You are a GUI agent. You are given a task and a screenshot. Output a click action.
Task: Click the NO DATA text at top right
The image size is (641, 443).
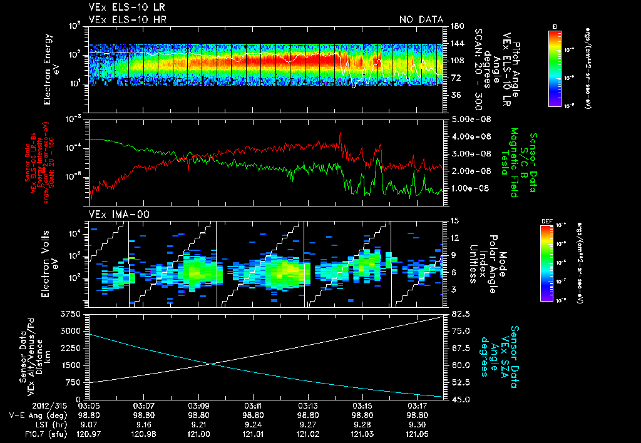coord(421,20)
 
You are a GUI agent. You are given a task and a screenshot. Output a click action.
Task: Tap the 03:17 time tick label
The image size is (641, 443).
coord(418,405)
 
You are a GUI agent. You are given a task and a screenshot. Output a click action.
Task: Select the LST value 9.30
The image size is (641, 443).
coord(418,424)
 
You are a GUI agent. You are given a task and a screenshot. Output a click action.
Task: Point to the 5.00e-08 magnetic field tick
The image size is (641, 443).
coord(466,119)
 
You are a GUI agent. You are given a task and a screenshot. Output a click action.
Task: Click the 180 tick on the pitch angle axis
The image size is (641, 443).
coord(455,26)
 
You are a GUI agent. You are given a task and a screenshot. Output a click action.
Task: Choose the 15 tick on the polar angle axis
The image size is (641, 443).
coord(453,221)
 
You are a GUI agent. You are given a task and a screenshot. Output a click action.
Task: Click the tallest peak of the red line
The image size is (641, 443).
coord(341,133)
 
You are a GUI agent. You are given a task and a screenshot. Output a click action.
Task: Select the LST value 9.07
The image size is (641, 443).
coord(89,424)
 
